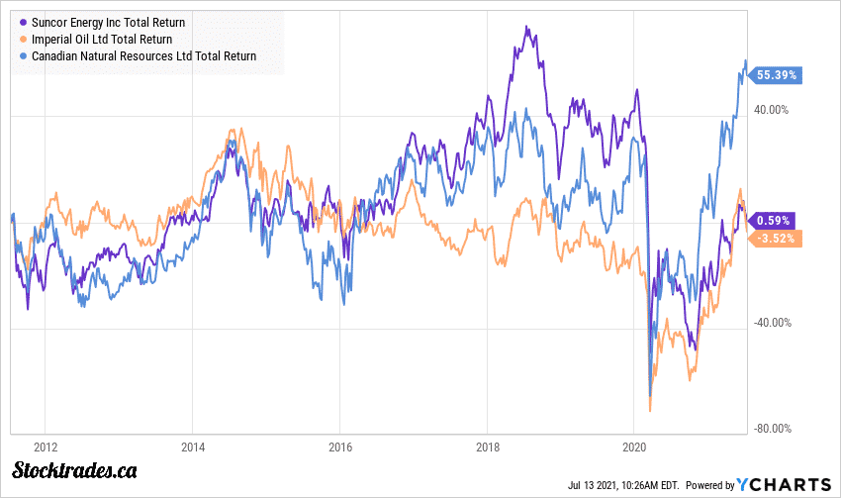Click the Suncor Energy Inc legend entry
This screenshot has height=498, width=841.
click(x=108, y=22)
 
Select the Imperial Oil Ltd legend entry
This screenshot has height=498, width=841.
click(x=102, y=40)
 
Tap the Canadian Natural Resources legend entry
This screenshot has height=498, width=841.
click(x=144, y=56)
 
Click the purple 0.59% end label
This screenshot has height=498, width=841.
click(x=771, y=221)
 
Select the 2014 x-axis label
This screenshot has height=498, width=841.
click(x=193, y=447)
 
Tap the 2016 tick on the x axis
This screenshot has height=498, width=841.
click(x=339, y=447)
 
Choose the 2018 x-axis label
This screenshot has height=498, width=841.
click(x=487, y=447)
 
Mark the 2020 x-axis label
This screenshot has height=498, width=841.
click(x=633, y=447)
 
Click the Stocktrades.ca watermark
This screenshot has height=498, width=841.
click(x=75, y=470)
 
